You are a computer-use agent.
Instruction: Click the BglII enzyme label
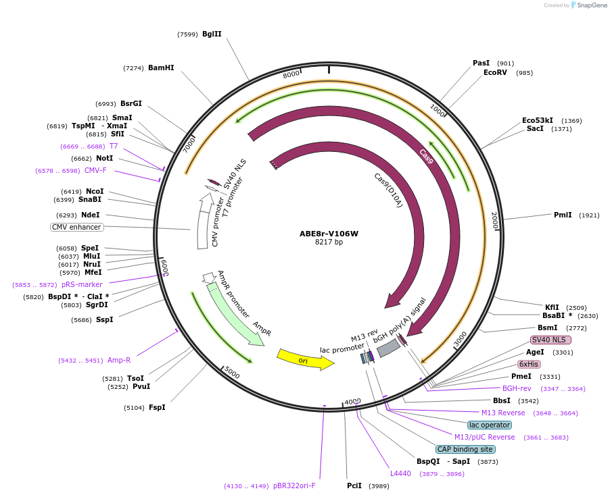click(212, 34)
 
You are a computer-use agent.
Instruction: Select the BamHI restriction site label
click(161, 68)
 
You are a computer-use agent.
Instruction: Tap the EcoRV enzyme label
click(495, 72)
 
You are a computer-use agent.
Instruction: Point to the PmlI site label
click(563, 215)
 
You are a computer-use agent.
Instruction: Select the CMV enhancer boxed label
click(77, 227)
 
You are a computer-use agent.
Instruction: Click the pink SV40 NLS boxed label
click(550, 340)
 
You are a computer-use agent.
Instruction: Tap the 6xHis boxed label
click(529, 364)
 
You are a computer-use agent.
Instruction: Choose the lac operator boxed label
click(490, 425)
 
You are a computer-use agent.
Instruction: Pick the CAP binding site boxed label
click(465, 449)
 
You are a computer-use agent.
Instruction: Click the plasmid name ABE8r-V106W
click(329, 234)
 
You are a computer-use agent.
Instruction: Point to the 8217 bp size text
click(329, 242)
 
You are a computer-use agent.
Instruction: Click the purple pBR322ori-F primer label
click(294, 486)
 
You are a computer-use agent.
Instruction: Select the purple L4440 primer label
click(400, 473)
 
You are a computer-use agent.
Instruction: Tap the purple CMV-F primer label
click(95, 170)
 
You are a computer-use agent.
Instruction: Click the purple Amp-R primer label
click(119, 360)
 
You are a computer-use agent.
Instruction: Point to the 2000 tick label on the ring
click(494, 219)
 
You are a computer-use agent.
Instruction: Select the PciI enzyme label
click(354, 486)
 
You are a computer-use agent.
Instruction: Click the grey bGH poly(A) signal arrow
click(389, 348)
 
